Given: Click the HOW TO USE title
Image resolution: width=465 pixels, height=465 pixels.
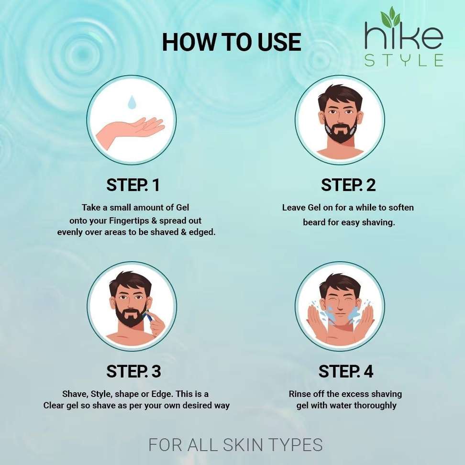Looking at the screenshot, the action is pyautogui.click(x=232, y=42).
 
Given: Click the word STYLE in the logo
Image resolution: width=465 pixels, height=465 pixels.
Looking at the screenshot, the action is pyautogui.click(x=404, y=60).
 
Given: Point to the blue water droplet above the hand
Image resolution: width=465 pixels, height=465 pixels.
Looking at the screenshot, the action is pyautogui.click(x=132, y=102).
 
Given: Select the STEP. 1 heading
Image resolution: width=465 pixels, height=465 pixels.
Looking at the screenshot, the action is pyautogui.click(x=133, y=185).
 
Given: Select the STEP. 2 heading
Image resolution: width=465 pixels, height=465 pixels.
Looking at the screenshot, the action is pyautogui.click(x=348, y=185).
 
